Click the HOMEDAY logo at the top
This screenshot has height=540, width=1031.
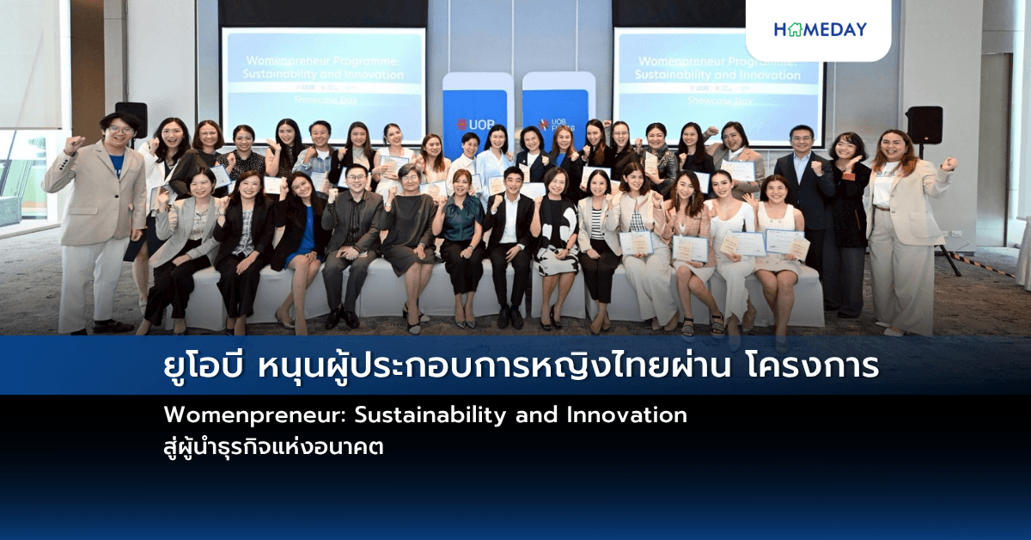(x=820, y=29)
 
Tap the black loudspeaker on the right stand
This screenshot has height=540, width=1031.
(x=924, y=125)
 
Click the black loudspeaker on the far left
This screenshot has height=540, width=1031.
(x=131, y=118)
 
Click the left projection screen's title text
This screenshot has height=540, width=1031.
(x=323, y=69)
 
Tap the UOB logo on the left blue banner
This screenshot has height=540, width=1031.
(x=475, y=124)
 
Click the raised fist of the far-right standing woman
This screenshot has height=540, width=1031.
(x=949, y=163)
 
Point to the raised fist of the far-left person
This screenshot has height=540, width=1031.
(x=76, y=143)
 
